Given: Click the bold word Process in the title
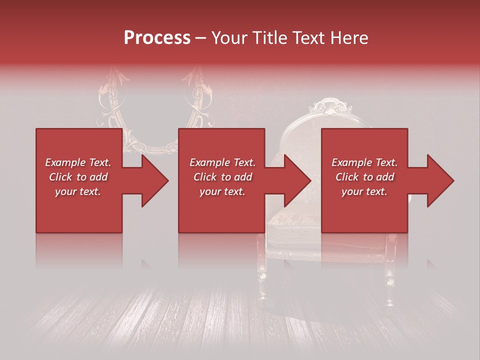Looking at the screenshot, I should point(157,38).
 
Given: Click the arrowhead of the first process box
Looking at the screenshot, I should point(155,180).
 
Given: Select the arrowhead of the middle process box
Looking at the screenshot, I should point(298,180).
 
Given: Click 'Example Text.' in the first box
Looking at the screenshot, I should point(78,162).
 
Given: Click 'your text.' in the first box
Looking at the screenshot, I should point(78,191).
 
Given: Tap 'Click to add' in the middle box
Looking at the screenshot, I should point(222,177).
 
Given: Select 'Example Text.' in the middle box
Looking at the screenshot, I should point(222,162).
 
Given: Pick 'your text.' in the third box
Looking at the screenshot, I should point(364,191).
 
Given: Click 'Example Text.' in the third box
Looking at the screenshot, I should point(364,162).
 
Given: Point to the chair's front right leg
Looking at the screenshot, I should point(389,280).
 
